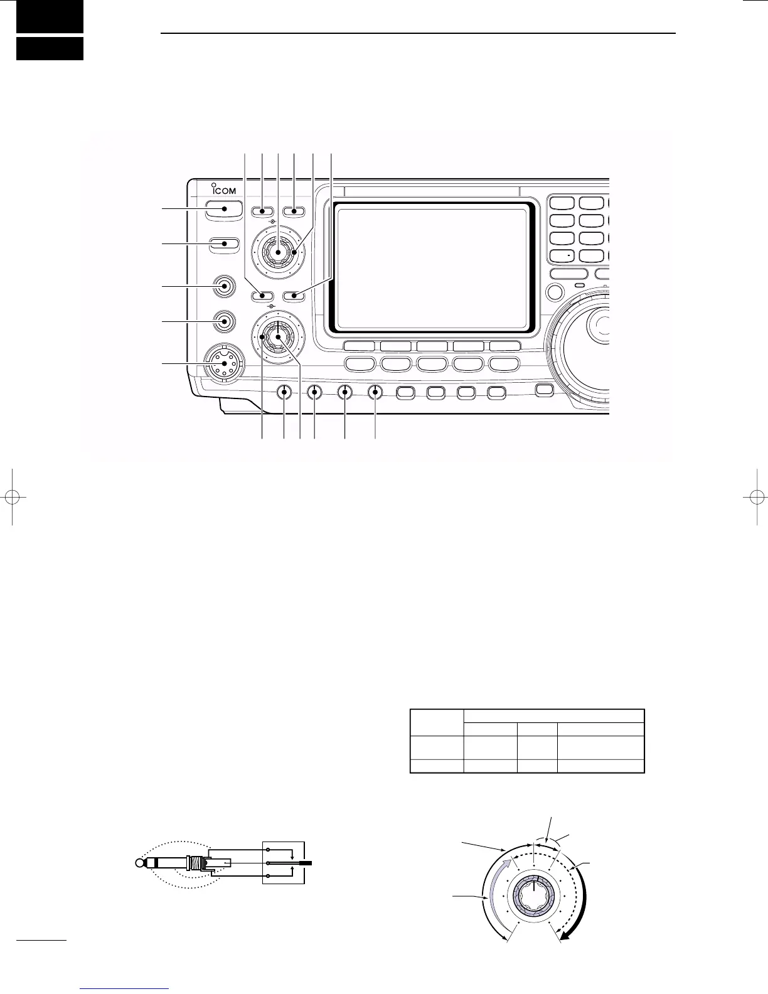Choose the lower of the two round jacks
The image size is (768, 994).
click(x=224, y=321)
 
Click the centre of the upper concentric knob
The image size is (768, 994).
click(x=276, y=252)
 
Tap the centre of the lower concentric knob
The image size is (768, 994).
click(x=276, y=337)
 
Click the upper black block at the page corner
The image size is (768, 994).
click(x=50, y=17)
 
